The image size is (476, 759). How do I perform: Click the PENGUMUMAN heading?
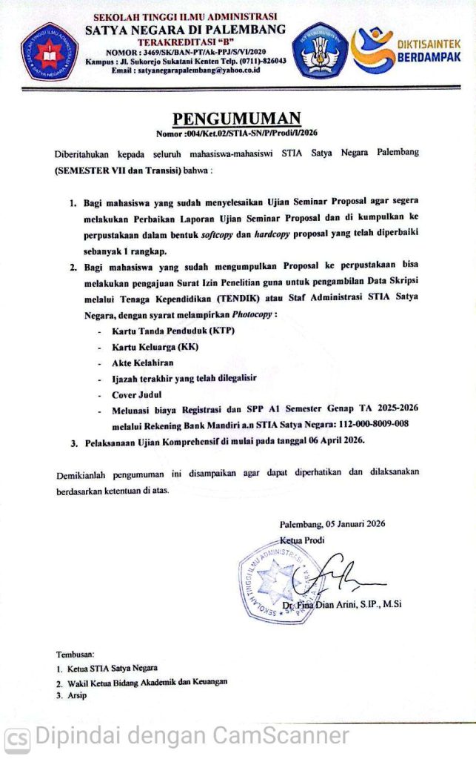coord(237,119)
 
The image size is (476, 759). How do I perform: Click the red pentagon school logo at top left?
coord(50,51)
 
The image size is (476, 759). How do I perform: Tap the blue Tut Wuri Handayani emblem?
coord(320,50)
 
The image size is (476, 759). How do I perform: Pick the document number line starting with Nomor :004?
coord(237,134)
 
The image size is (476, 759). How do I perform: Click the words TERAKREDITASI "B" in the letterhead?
coord(184,41)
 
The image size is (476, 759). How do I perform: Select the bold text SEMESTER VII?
coord(93,169)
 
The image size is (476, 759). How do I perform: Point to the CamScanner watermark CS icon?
coord(18,738)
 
